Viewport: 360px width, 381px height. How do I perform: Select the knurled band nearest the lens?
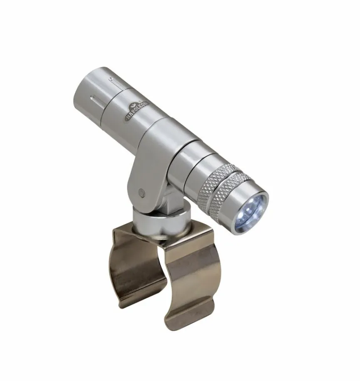230,194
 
